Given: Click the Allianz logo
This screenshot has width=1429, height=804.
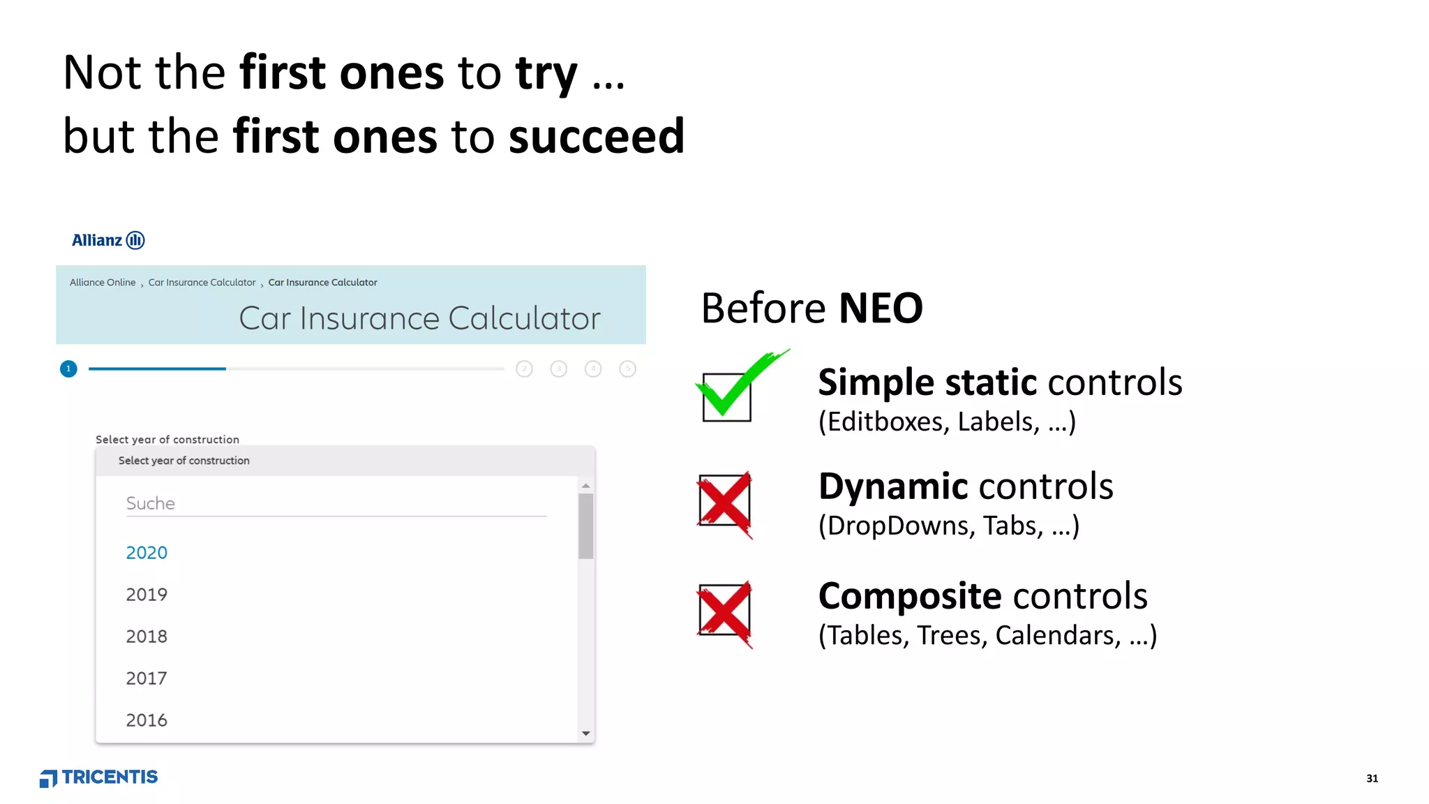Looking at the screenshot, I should click(108, 240).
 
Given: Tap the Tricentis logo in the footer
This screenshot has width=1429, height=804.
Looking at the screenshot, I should click(99, 777).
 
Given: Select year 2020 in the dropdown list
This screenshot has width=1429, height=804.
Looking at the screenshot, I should click(147, 553).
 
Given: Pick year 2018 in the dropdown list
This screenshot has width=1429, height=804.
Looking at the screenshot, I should click(147, 636).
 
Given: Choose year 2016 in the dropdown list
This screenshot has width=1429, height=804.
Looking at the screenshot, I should click(147, 720).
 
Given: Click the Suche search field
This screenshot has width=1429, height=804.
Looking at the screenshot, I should click(335, 503).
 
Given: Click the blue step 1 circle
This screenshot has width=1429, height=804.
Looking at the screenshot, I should click(68, 368).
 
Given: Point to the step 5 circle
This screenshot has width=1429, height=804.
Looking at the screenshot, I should click(627, 368).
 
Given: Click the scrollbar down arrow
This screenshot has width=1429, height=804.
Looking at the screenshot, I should click(586, 734).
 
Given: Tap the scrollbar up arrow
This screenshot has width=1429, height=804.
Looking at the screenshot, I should click(586, 486).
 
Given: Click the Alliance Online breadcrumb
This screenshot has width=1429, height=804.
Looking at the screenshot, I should click(103, 283).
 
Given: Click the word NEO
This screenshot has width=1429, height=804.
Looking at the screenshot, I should click(881, 308).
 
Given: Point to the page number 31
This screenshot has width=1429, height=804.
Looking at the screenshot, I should click(1372, 778).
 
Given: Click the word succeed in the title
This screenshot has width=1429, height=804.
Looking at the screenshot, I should click(597, 136).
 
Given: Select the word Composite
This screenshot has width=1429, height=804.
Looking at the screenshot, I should click(910, 596).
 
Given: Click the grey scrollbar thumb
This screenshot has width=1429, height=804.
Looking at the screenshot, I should click(586, 526).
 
